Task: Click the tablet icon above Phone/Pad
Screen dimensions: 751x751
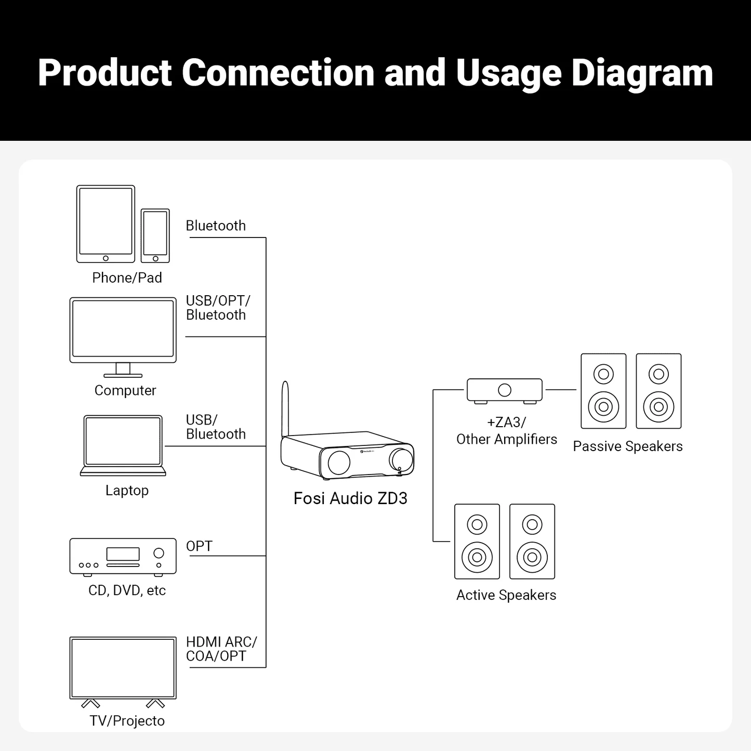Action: [106, 224]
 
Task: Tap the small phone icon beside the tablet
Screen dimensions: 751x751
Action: [155, 235]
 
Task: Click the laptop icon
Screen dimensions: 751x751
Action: [123, 445]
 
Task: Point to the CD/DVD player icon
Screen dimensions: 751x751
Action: [123, 557]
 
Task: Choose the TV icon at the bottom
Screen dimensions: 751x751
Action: [123, 668]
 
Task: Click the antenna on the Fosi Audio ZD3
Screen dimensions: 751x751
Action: [285, 409]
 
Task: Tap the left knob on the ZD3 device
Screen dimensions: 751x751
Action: [339, 462]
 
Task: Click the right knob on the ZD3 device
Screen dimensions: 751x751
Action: [402, 458]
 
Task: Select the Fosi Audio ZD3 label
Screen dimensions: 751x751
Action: [350, 498]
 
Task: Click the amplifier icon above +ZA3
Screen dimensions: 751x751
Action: [504, 390]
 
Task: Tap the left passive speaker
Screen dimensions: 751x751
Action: [603, 391]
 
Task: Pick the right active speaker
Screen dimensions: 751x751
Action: [532, 541]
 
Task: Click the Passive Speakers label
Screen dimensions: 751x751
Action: [627, 446]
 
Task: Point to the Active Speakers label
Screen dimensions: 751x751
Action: [506, 595]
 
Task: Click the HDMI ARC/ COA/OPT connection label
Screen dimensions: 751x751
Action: [221, 649]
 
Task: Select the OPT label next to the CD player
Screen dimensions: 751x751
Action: [199, 546]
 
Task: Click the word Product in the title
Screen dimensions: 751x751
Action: [105, 72]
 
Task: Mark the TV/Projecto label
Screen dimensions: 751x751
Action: [127, 721]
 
